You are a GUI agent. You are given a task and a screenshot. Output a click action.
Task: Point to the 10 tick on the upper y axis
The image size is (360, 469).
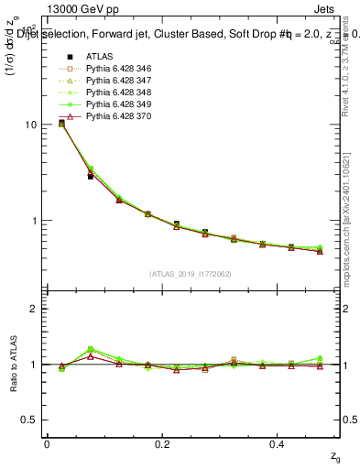[33, 125]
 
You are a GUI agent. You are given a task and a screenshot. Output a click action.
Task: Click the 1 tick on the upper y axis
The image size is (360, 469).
[36, 221]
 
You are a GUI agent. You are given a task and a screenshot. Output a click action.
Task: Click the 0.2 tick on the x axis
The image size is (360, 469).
[163, 444]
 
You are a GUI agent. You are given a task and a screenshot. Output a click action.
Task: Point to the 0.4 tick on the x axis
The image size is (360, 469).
[279, 444]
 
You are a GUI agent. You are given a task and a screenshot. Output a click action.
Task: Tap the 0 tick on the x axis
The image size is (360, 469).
[47, 444]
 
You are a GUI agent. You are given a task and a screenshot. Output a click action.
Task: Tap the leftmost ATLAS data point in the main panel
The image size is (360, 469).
[61, 122]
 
